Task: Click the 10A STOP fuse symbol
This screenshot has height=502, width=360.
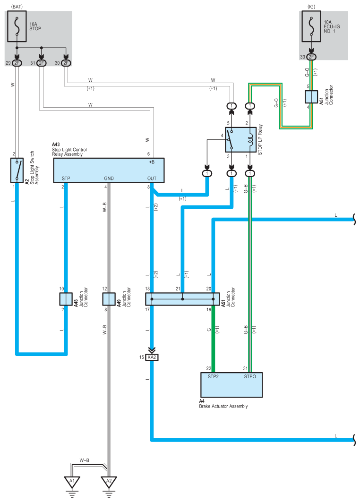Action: (17, 26)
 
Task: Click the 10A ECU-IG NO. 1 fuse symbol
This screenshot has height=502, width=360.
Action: (311, 26)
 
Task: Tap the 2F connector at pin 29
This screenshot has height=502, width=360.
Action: (17, 63)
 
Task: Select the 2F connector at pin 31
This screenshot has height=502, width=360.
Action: (41, 63)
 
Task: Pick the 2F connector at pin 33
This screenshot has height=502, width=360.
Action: (311, 57)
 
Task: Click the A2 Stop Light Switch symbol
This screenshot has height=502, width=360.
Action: (17, 170)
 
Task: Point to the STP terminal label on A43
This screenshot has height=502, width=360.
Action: (66, 179)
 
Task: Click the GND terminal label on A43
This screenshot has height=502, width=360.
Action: (109, 179)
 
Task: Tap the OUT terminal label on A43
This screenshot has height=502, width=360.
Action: (152, 179)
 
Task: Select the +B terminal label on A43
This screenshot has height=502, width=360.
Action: (152, 162)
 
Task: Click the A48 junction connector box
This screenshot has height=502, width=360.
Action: (66, 299)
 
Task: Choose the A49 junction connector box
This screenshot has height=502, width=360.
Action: (109, 299)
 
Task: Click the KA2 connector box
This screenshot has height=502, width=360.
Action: (152, 357)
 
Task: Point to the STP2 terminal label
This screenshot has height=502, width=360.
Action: (213, 376)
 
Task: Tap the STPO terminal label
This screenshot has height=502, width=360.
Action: (250, 376)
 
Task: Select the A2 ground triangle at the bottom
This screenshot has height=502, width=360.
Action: (109, 482)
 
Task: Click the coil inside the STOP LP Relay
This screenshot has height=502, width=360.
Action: (250, 139)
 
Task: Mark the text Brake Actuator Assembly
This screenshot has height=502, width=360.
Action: (223, 406)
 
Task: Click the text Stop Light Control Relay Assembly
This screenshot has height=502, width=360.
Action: (69, 152)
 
